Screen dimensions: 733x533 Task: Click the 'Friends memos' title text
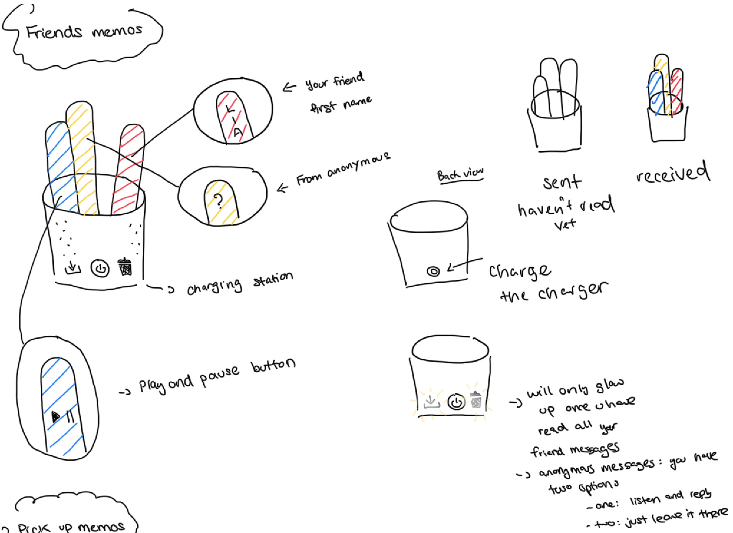click(x=84, y=32)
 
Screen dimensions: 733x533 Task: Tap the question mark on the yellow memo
click(x=219, y=201)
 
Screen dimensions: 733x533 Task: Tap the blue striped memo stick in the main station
click(x=60, y=162)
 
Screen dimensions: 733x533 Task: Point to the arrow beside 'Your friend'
click(x=289, y=87)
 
